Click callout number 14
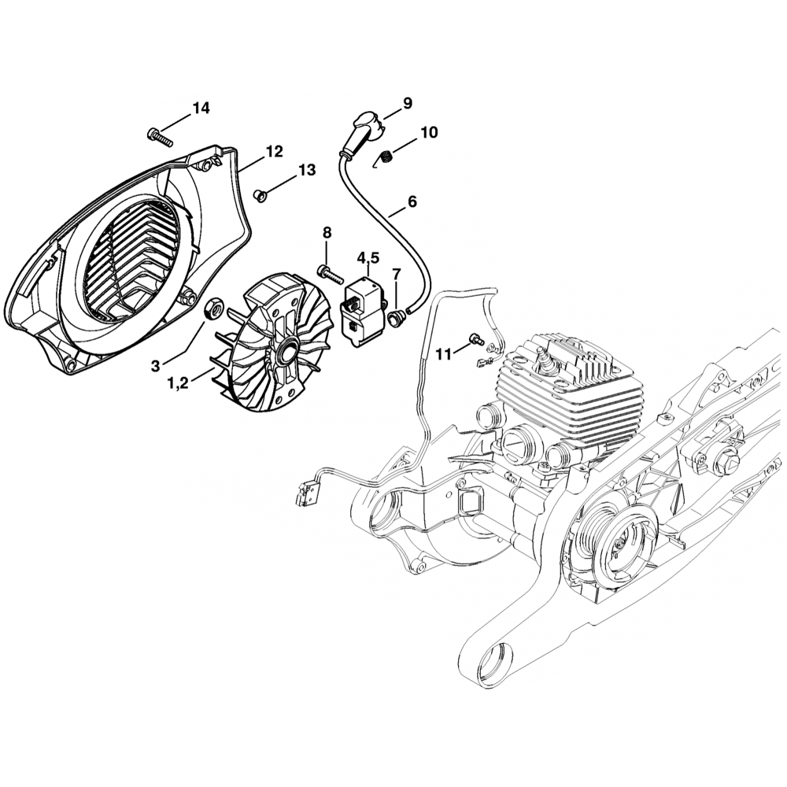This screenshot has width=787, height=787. tap(201, 109)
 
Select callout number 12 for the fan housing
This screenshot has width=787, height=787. tap(273, 151)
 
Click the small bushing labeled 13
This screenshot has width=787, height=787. tap(259, 193)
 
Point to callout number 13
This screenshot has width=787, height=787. tap(306, 170)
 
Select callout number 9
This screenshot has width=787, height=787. tap(407, 102)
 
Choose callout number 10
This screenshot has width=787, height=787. tap(429, 132)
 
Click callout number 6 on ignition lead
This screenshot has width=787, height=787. tap(412, 202)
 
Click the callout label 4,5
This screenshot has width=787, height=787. tap(368, 257)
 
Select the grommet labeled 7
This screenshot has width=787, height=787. tap(396, 317)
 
